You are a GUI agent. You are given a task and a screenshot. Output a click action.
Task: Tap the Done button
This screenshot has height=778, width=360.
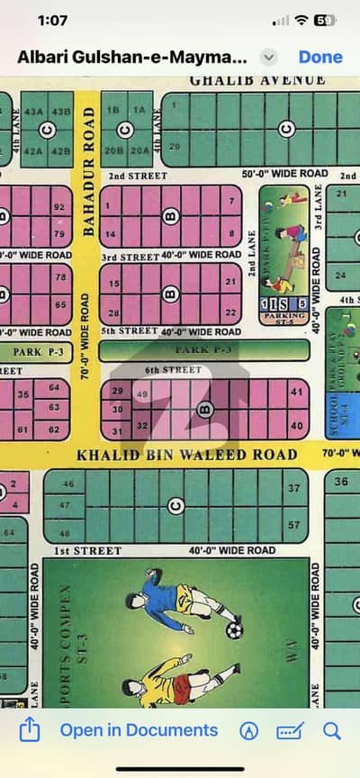[x=320, y=57]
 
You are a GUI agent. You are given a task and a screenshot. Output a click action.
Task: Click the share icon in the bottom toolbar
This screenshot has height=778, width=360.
[x=29, y=730]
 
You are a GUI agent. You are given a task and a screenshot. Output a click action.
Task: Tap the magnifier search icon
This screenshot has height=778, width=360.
[x=331, y=730]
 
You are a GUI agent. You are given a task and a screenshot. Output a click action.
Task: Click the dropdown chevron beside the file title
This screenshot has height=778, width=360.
[x=268, y=57]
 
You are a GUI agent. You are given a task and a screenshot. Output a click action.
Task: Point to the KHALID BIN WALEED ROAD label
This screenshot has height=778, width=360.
[x=186, y=455]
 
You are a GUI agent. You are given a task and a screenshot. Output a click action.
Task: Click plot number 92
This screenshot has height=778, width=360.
[x=60, y=207]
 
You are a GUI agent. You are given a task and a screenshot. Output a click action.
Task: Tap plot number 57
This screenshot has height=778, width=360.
[x=293, y=524]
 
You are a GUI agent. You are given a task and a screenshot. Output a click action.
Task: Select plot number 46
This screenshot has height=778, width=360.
[x=68, y=484]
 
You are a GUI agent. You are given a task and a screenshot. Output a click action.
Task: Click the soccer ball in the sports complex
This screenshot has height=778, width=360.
[x=234, y=629]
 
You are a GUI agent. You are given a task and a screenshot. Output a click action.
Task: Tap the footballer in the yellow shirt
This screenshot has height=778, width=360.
[x=180, y=675]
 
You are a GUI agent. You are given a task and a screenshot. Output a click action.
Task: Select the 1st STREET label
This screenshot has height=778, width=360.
[x=87, y=550]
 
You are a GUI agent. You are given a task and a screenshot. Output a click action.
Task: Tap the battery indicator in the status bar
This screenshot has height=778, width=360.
[x=325, y=20]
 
